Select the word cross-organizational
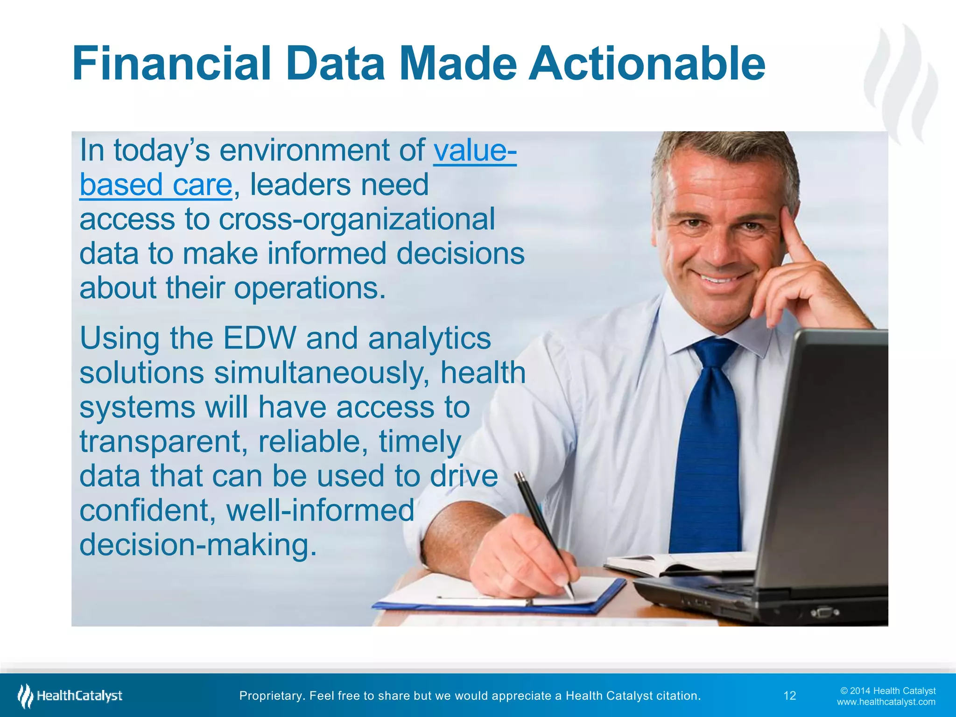[x=357, y=219]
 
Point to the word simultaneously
[x=322, y=373]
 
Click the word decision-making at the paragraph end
[x=198, y=545]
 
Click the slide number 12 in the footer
[x=789, y=696]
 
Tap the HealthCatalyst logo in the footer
[x=70, y=696]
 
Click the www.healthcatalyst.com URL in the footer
[x=886, y=702]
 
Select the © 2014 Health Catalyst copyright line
[x=887, y=691]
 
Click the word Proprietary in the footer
[x=269, y=696]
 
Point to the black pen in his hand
[x=541, y=527]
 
